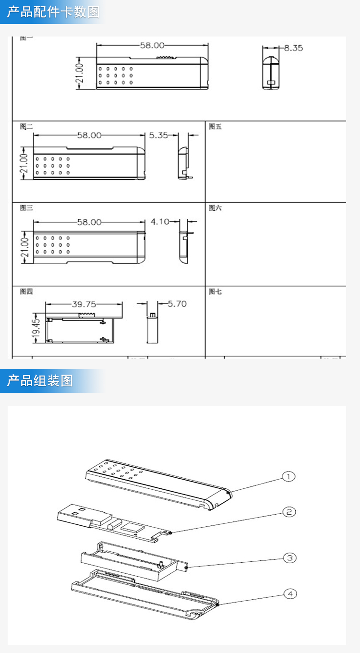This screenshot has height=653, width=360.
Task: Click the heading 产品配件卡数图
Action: (x=53, y=12)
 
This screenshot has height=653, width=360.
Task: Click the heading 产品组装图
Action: (x=40, y=381)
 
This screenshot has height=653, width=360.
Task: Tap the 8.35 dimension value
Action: (x=293, y=48)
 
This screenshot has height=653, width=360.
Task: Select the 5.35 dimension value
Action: (x=158, y=135)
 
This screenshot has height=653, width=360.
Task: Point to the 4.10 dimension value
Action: (x=160, y=222)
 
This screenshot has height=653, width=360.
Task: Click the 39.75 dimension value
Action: (x=84, y=304)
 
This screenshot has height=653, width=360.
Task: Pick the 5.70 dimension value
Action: (x=177, y=304)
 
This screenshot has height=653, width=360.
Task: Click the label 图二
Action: (x=26, y=127)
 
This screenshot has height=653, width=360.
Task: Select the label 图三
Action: (x=26, y=208)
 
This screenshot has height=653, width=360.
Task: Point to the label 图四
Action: (x=26, y=291)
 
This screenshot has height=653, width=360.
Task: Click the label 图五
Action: (x=216, y=127)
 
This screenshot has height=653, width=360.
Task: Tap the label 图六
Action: (x=216, y=208)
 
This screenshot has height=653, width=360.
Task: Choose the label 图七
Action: (x=216, y=291)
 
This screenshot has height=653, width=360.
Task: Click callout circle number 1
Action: (x=288, y=477)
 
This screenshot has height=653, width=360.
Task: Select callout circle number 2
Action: (x=288, y=512)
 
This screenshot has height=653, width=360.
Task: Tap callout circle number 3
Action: (x=289, y=558)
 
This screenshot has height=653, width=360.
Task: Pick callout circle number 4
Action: (x=289, y=594)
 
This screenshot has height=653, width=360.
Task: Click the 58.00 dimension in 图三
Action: (x=89, y=222)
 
